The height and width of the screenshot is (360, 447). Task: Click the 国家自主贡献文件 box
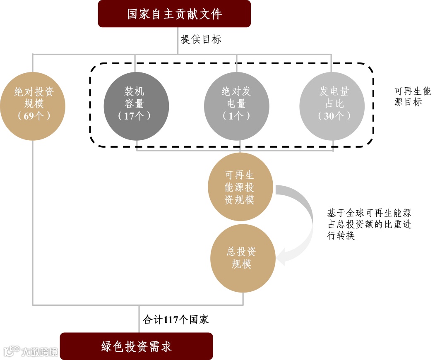(x=174, y=14)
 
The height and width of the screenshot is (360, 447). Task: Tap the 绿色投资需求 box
(x=137, y=346)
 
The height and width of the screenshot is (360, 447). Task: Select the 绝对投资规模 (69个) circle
(x=33, y=103)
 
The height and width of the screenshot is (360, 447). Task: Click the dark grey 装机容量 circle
(x=136, y=103)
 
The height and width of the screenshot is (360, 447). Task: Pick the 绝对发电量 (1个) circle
(x=237, y=103)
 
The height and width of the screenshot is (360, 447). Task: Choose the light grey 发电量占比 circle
(x=332, y=103)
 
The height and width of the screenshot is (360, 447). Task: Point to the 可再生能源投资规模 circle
(x=240, y=187)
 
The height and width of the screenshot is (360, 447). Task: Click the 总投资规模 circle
(x=243, y=257)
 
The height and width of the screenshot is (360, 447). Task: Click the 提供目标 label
(x=201, y=40)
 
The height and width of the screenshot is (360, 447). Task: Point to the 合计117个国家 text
(x=176, y=319)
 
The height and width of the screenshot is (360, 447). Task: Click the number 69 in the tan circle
(x=29, y=116)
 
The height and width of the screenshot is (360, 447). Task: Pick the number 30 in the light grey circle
(x=329, y=116)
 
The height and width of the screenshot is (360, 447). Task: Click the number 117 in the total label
(x=171, y=319)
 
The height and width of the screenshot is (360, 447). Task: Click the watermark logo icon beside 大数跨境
(x=11, y=351)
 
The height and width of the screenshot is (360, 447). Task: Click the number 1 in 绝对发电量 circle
(x=231, y=116)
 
